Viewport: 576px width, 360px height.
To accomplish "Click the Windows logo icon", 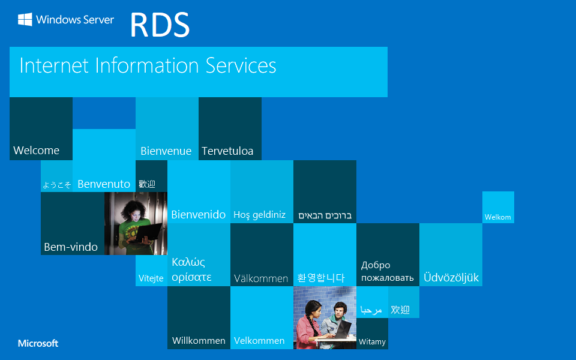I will point(25,20).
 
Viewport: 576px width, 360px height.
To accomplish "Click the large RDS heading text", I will point(160,25).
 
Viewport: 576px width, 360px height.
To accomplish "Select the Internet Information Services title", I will point(148,65).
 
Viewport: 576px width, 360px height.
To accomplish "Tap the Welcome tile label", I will point(36,150).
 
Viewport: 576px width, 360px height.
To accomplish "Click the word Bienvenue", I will point(166,151).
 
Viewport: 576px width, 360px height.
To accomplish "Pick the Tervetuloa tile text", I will point(227,151).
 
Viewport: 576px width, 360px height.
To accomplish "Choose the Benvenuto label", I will point(104,184).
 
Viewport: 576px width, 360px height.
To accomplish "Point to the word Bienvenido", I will point(199,214).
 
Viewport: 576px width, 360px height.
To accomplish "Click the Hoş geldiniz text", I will point(259,215).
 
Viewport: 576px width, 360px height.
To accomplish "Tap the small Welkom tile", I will point(497,217).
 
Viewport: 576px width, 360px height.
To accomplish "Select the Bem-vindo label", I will point(71,247).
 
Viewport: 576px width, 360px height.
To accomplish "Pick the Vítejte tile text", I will point(151,278).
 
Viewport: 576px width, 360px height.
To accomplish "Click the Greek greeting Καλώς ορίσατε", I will point(191,269).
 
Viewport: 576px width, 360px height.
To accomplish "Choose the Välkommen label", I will point(261,278).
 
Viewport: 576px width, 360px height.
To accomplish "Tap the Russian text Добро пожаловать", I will point(387,271).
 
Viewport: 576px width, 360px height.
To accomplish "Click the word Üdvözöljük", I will point(451,278).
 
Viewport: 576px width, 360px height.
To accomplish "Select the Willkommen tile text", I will point(199,340).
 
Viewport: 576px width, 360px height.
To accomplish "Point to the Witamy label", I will point(372,342).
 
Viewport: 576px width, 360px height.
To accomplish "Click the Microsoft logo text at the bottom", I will point(38,343).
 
